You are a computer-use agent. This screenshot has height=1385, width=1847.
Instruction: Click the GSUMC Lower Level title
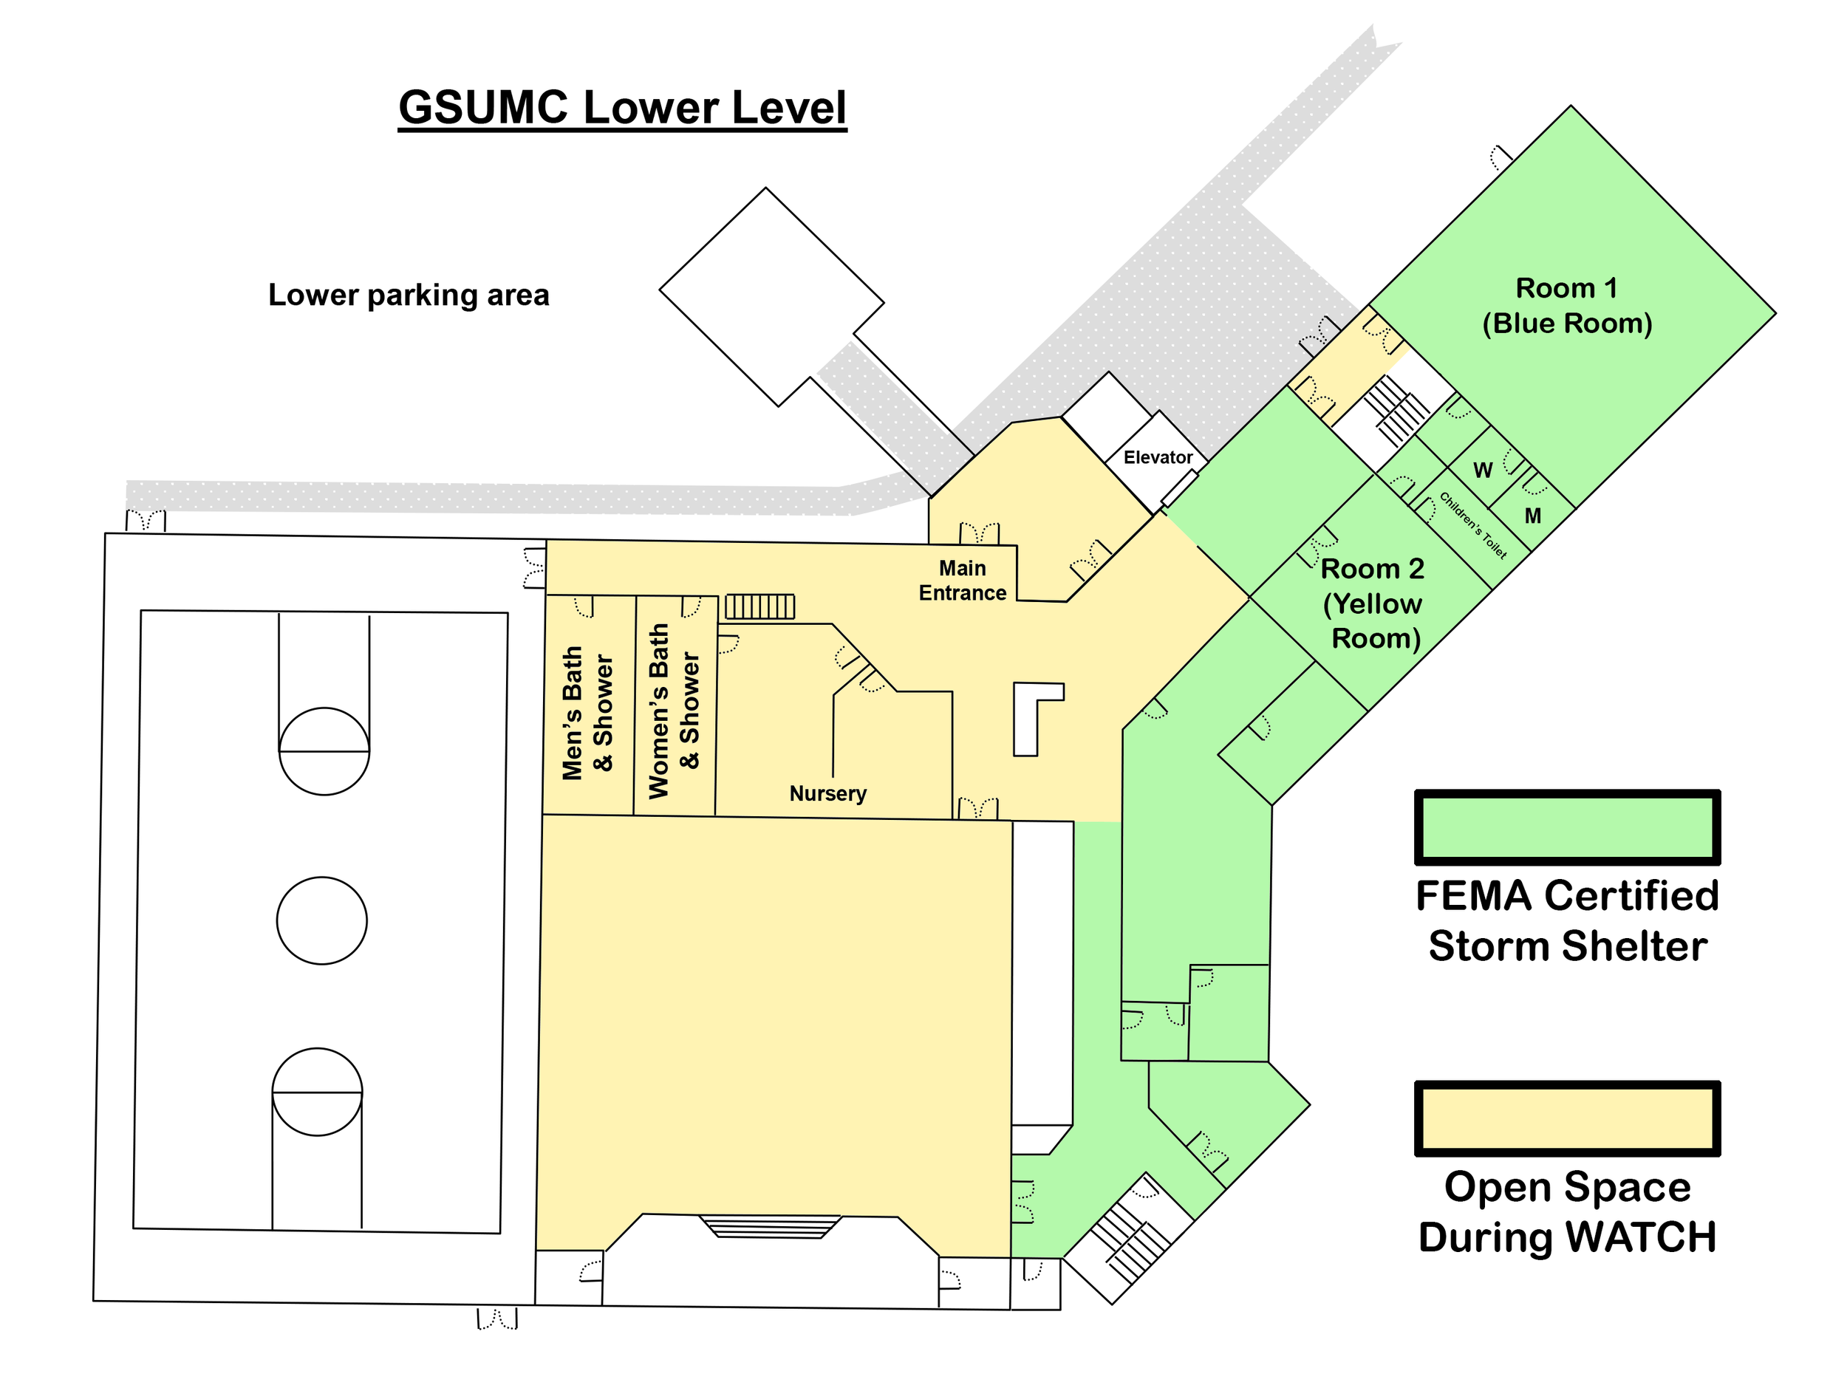(622, 108)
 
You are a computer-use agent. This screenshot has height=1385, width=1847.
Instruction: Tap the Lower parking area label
(409, 295)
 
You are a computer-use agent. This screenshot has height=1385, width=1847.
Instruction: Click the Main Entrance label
(962, 580)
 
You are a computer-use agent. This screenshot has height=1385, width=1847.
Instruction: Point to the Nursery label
(827, 793)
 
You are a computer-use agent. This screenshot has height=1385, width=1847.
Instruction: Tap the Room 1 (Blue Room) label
(1566, 306)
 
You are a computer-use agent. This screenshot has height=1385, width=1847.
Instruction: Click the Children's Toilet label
(1473, 525)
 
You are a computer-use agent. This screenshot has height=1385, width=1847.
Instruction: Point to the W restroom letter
(1482, 471)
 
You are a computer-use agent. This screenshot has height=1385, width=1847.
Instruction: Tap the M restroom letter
(1532, 516)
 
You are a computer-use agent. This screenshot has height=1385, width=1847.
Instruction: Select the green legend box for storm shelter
(1566, 827)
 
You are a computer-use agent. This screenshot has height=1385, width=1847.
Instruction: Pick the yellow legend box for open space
(1566, 1118)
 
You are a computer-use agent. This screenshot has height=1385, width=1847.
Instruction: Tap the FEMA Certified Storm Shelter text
(1566, 921)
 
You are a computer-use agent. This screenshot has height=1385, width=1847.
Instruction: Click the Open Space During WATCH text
(1566, 1211)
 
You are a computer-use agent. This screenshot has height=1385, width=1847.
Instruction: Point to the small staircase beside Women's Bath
(759, 606)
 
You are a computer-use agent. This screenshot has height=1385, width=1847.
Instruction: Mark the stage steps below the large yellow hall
(770, 1226)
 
